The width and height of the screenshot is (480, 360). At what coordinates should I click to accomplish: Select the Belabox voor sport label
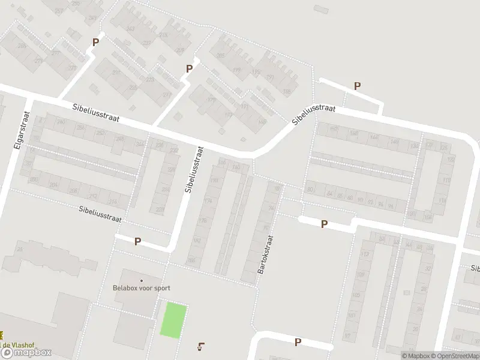(x=142, y=288)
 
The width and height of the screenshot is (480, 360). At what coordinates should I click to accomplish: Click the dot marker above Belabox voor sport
(x=142, y=280)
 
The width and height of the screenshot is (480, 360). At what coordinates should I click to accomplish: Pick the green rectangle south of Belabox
(x=173, y=320)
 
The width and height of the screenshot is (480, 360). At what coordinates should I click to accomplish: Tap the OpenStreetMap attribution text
(x=454, y=355)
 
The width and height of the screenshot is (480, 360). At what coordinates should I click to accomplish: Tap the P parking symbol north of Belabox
(x=137, y=242)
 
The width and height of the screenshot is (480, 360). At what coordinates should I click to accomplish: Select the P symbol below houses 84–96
(x=324, y=224)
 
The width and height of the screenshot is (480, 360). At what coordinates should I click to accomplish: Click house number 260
(x=60, y=122)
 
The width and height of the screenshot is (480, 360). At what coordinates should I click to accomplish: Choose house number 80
(x=310, y=190)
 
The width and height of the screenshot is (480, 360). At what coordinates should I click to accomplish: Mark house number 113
(x=364, y=254)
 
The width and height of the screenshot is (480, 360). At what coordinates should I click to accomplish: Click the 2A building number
(x=19, y=249)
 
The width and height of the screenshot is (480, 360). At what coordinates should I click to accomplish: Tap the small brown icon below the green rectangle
(x=200, y=346)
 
